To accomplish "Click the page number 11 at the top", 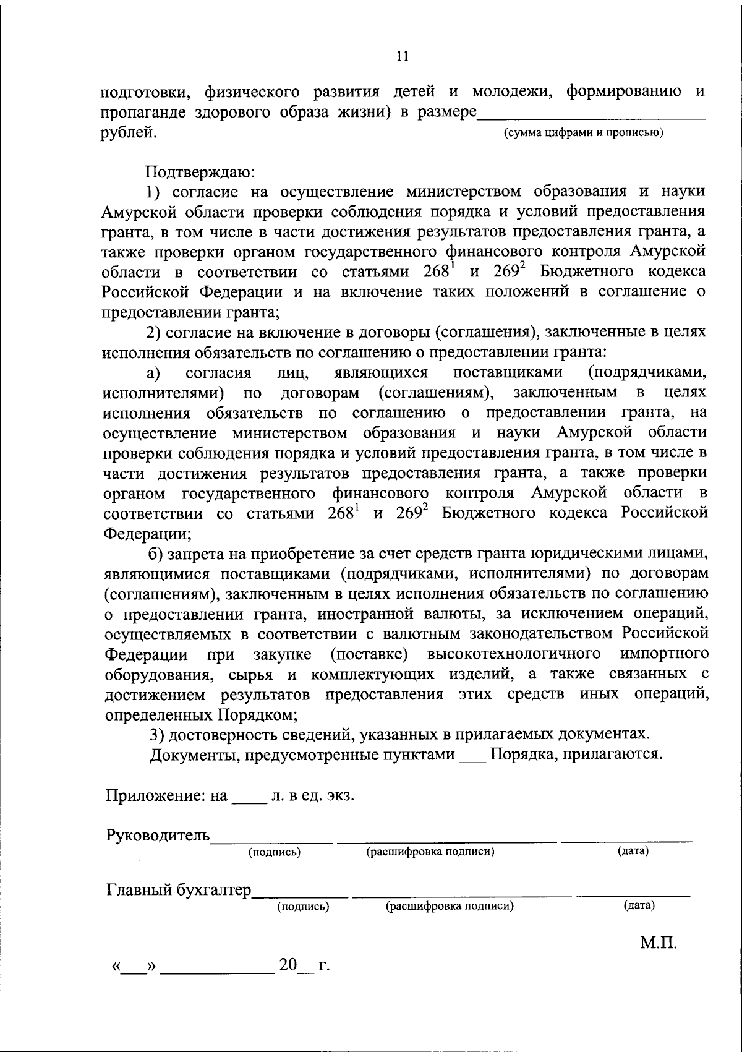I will click(x=402, y=56).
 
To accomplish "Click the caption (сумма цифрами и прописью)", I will click(x=584, y=132).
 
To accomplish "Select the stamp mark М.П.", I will click(x=659, y=943).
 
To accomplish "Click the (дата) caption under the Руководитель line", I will click(x=633, y=852).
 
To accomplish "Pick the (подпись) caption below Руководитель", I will click(x=275, y=852).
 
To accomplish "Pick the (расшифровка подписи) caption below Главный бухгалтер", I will click(x=450, y=907).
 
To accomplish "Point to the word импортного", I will click(x=663, y=654).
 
